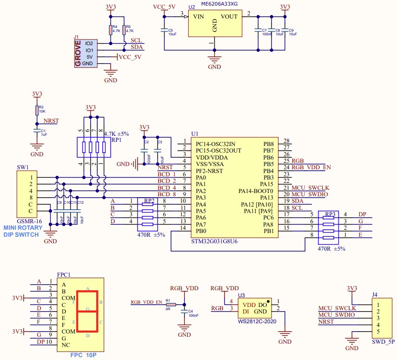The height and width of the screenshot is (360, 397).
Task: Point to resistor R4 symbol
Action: [110, 30]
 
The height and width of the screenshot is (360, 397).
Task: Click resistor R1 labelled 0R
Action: [168, 305]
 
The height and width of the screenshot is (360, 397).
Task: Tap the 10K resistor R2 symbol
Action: [37, 110]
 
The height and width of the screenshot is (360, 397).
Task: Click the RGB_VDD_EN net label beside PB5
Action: [311, 167]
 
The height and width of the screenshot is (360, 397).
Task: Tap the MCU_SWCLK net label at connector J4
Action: [337, 308]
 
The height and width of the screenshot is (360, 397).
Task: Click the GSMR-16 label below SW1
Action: [27, 222]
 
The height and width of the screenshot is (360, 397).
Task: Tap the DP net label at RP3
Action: [363, 214]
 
